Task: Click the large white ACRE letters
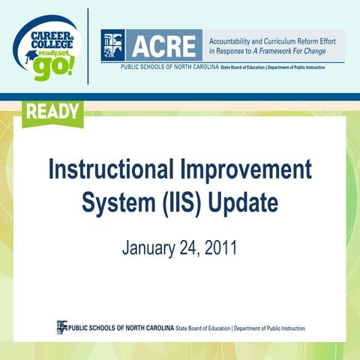point(166,46)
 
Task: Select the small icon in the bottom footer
point(62,327)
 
